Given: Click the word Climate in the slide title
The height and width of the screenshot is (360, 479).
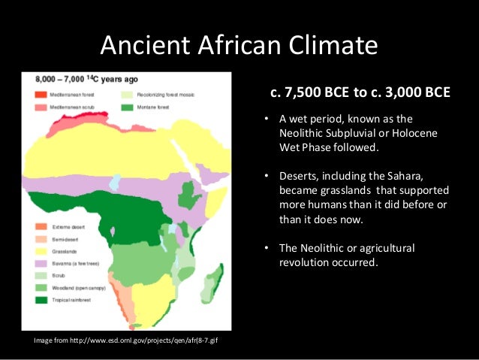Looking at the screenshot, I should click(327, 47).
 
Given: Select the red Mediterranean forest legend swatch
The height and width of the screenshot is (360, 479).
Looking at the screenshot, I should click(39, 95).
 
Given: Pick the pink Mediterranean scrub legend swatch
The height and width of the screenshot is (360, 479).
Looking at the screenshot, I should click(39, 107).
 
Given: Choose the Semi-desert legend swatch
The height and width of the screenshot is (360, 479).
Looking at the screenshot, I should click(39, 238).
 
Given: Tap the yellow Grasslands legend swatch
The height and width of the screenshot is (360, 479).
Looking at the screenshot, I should click(39, 250).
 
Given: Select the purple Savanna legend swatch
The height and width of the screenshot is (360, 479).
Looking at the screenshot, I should click(39, 262).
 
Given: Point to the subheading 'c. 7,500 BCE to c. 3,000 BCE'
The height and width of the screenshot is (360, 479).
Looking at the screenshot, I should click(360, 93).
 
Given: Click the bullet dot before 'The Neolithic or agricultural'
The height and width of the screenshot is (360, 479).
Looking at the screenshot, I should click(267, 249).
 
